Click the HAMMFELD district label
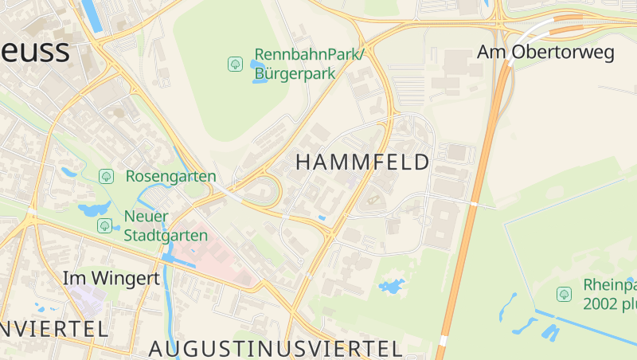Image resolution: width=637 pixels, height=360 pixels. click(362, 162)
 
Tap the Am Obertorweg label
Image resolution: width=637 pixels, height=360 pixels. click(545, 53)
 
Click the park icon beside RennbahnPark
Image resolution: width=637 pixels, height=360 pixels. click(235, 64)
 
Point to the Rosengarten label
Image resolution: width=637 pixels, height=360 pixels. click(170, 176)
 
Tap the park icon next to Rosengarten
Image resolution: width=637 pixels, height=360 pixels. click(106, 176)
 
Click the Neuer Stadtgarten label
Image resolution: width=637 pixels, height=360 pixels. click(166, 226)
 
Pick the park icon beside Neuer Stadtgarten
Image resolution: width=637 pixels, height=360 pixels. click(104, 226)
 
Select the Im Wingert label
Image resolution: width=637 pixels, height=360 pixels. click(111, 279)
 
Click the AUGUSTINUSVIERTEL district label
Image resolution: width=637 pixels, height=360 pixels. click(275, 348)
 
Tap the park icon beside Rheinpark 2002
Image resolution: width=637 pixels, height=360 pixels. click(564, 295)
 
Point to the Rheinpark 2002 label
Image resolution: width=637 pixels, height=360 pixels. click(610, 295)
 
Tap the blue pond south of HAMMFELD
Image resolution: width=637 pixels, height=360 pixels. click(391, 286)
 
